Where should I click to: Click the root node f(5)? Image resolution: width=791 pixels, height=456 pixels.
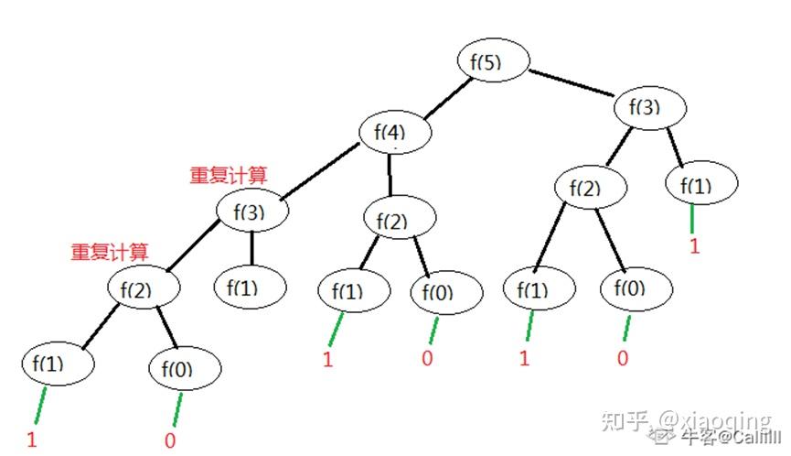coord(494,62)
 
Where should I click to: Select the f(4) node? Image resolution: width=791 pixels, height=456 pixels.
coord(394,133)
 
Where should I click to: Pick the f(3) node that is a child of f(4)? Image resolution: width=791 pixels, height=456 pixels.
coord(251,212)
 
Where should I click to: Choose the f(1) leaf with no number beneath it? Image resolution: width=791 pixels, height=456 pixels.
coord(250,287)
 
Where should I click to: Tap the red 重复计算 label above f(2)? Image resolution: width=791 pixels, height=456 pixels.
coord(109,251)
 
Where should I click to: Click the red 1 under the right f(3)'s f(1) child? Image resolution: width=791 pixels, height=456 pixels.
coord(693,246)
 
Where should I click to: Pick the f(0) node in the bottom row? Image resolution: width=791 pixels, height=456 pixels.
coord(184,370)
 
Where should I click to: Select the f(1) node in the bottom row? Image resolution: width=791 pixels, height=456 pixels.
coord(58,364)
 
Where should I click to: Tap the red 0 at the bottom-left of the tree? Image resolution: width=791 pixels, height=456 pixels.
coord(169,440)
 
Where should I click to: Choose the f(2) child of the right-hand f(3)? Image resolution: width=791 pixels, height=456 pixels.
coord(591,188)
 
